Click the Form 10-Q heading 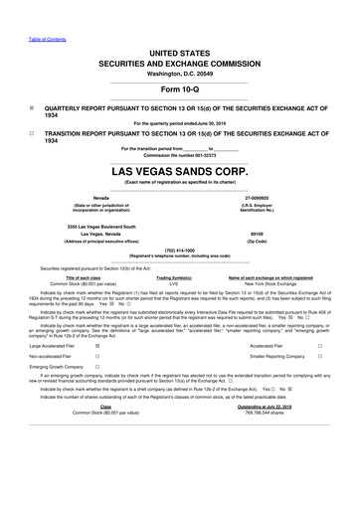[x=179, y=92]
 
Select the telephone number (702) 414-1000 [x=179, y=250]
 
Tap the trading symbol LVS [x=173, y=282]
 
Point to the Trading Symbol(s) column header [x=174, y=276]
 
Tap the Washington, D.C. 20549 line [x=179, y=74]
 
